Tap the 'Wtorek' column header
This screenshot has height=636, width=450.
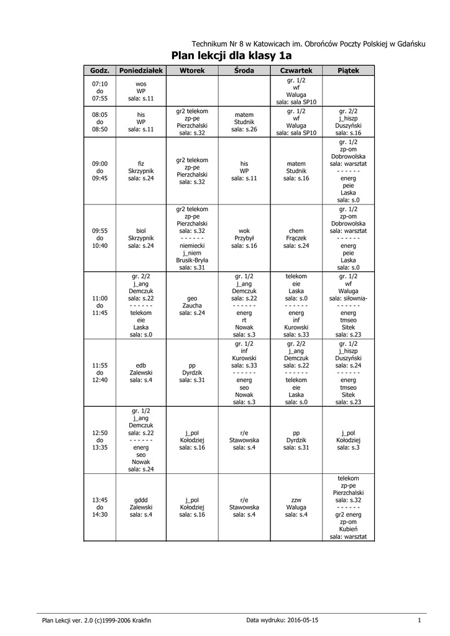[x=192, y=71]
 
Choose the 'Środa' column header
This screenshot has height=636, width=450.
[x=244, y=71]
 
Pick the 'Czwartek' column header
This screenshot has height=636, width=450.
[x=296, y=71]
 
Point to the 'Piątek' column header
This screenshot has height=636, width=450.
[x=349, y=71]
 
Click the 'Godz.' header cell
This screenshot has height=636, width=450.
[x=99, y=71]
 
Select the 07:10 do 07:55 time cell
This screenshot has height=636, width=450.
[x=99, y=91]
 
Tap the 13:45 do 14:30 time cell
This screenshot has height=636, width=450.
[x=99, y=507]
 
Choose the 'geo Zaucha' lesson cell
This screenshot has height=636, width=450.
[x=192, y=306]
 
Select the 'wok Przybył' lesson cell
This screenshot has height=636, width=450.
[x=244, y=238]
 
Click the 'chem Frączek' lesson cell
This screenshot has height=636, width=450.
[x=296, y=238]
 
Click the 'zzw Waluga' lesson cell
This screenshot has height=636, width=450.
[x=296, y=507]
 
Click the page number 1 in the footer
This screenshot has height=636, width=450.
[x=420, y=620]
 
